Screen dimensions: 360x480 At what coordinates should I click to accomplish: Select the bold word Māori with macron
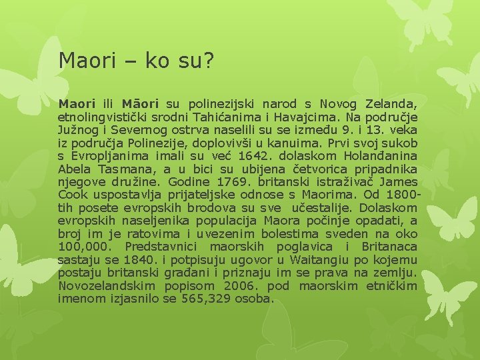click(x=140, y=104)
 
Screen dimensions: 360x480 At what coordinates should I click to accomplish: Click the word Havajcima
click(x=313, y=117)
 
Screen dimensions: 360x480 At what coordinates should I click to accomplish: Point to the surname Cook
click(x=73, y=195)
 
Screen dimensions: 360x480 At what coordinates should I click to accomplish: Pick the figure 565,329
click(x=203, y=299)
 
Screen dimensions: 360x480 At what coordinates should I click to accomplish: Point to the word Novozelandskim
click(x=109, y=286)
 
